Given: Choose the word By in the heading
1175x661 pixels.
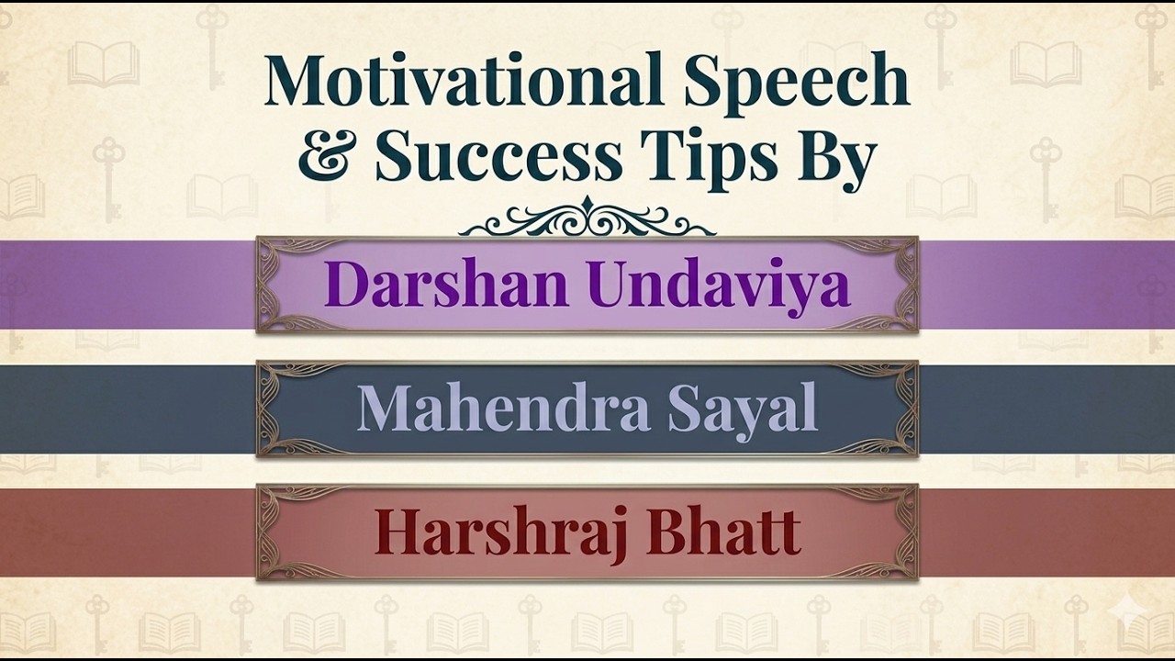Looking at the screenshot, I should coord(836,158).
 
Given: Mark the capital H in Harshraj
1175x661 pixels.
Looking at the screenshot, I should coord(395,532).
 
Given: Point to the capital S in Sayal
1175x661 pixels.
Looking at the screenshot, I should coord(684,409).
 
